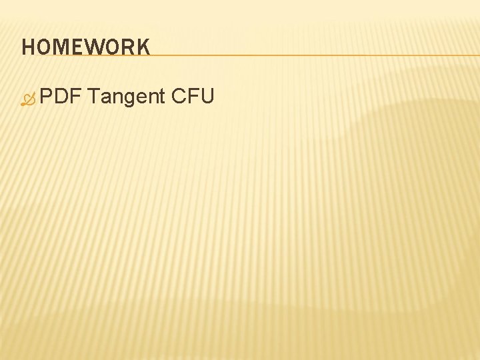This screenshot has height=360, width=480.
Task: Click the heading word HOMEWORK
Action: point(85,47)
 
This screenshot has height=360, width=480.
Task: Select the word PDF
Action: point(60,97)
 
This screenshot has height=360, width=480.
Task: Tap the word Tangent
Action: point(126,97)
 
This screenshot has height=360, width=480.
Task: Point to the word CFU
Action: point(193,97)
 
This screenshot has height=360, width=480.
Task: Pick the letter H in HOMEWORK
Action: point(28,47)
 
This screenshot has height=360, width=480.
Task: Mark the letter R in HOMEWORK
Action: point(129,47)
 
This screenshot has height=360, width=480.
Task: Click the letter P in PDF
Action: point(47,97)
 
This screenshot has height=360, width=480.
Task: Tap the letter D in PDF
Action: point(60,97)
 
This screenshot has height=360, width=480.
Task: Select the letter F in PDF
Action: point(73,97)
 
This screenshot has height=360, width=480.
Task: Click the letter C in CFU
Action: point(179,97)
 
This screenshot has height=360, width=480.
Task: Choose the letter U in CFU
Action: point(207,97)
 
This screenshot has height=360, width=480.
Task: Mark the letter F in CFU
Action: point(193,97)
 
